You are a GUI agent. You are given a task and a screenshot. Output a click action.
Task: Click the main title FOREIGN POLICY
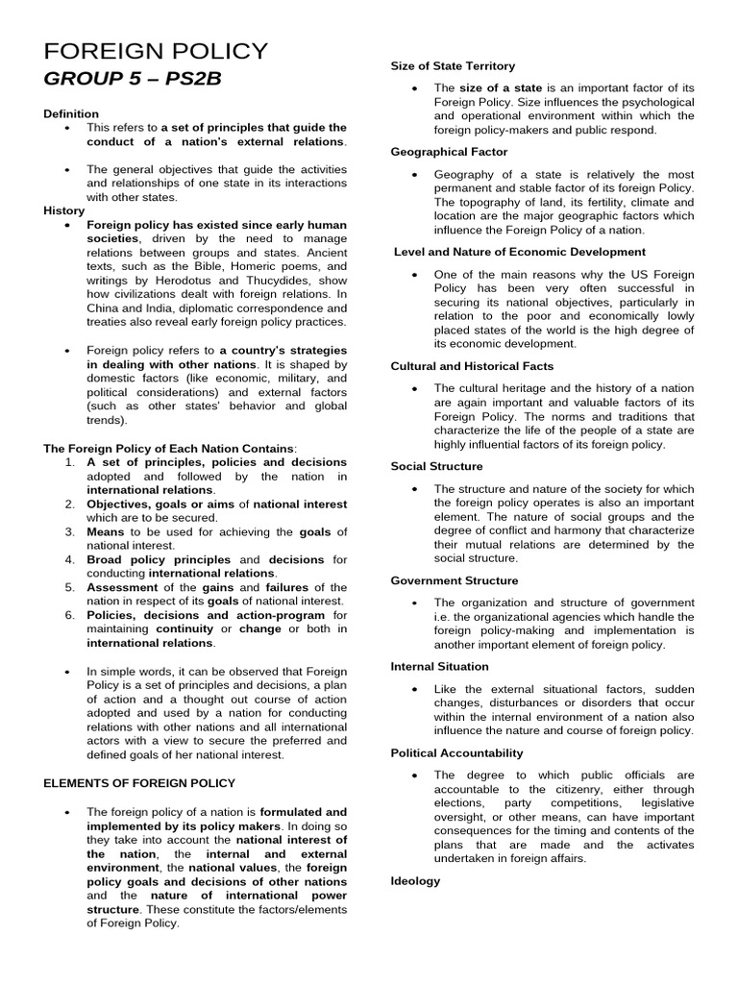coord(156,51)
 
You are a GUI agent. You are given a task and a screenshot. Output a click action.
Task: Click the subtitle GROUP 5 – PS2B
coord(132,79)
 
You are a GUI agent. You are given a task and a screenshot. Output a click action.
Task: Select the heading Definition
coord(71,113)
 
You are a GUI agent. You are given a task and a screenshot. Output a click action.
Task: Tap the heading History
coord(63,210)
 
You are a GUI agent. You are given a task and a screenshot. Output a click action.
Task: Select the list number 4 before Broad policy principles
coord(70,559)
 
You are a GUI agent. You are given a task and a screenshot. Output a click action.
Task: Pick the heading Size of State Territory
coord(453,65)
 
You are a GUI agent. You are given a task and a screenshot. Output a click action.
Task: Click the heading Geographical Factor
coord(449,152)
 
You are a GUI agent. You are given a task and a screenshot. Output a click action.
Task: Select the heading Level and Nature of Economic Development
coord(520,252)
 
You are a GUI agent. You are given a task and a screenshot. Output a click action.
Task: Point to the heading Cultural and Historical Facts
coord(472,366)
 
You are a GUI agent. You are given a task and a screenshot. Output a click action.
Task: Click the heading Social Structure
coord(436,466)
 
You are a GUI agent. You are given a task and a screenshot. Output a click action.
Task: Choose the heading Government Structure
coord(454,580)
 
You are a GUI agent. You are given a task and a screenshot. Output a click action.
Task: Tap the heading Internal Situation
coord(439,666)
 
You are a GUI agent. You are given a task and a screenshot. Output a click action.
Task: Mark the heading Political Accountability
coord(456,752)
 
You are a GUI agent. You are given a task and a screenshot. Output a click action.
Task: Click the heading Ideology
coord(415,880)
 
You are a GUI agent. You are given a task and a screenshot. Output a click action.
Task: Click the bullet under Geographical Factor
coord(413,175)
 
